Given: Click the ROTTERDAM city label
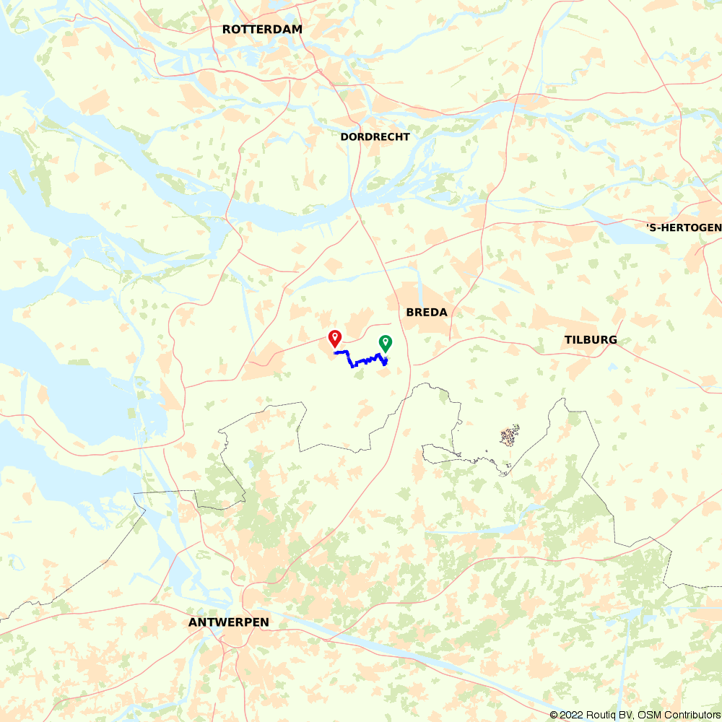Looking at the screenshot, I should [x=262, y=30].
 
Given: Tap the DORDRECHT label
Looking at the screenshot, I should [x=375, y=137].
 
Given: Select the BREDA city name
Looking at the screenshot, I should [x=427, y=313].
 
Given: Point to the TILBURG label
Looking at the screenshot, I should [x=591, y=340].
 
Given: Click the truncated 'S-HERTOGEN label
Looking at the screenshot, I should [x=683, y=229].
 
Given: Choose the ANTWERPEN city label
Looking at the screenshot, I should [x=228, y=622].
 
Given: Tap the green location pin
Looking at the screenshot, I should [x=386, y=344].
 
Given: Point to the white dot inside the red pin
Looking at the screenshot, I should [x=335, y=336].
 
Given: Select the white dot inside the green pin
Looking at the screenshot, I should [x=386, y=340].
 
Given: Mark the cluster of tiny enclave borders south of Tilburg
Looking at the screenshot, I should [x=510, y=435].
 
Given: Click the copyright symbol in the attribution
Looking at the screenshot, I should [x=554, y=715].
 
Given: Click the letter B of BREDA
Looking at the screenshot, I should [x=410, y=313].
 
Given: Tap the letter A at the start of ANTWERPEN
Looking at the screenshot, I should [x=192, y=622].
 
